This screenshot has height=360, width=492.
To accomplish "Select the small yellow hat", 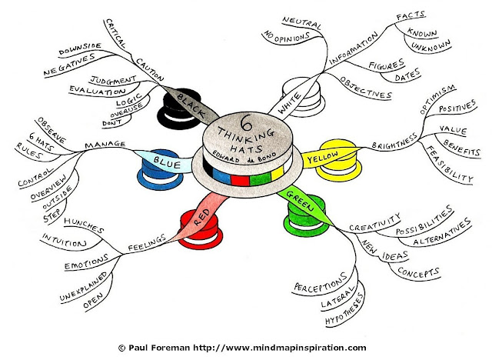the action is point(336,155).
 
